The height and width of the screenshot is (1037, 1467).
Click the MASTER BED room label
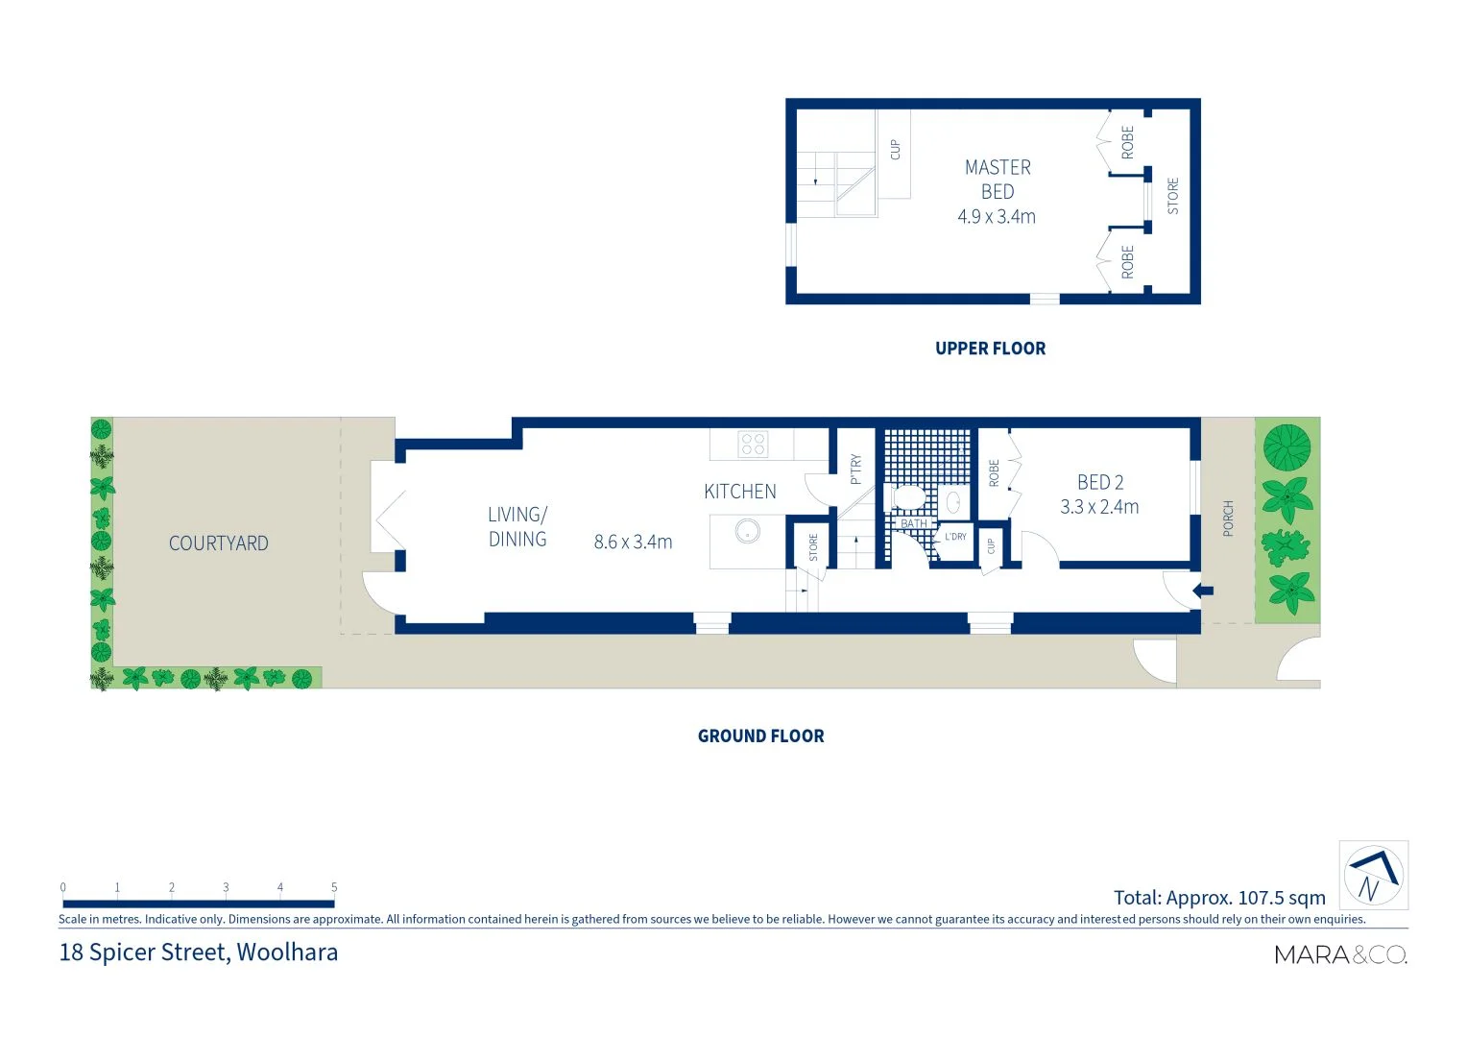[998, 180]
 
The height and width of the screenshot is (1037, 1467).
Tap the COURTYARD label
[219, 543]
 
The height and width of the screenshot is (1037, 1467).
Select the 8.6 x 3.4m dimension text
[633, 542]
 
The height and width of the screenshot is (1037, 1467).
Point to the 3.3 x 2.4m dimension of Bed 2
[1099, 507]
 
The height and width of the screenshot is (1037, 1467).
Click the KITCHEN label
[740, 492]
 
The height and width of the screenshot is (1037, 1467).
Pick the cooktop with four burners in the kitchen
[753, 444]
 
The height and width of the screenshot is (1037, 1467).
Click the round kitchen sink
[747, 530]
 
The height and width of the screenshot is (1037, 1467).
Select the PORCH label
[1228, 518]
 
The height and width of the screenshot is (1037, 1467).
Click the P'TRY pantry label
[855, 470]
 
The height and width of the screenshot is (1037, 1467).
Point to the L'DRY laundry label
[955, 537]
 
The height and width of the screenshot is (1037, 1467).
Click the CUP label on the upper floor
[895, 150]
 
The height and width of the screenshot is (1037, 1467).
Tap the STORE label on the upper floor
[1172, 196]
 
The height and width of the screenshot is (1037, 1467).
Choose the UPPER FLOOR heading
[990, 349]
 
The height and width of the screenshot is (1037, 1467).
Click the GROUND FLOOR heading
[760, 736]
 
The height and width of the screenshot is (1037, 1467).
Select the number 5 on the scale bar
[334, 887]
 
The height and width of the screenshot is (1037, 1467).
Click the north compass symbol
[1373, 876]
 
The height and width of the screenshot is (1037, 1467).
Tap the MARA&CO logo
[1340, 954]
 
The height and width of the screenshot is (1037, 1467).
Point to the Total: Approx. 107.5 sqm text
[1219, 898]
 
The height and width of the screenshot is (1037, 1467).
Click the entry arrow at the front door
[1202, 591]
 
